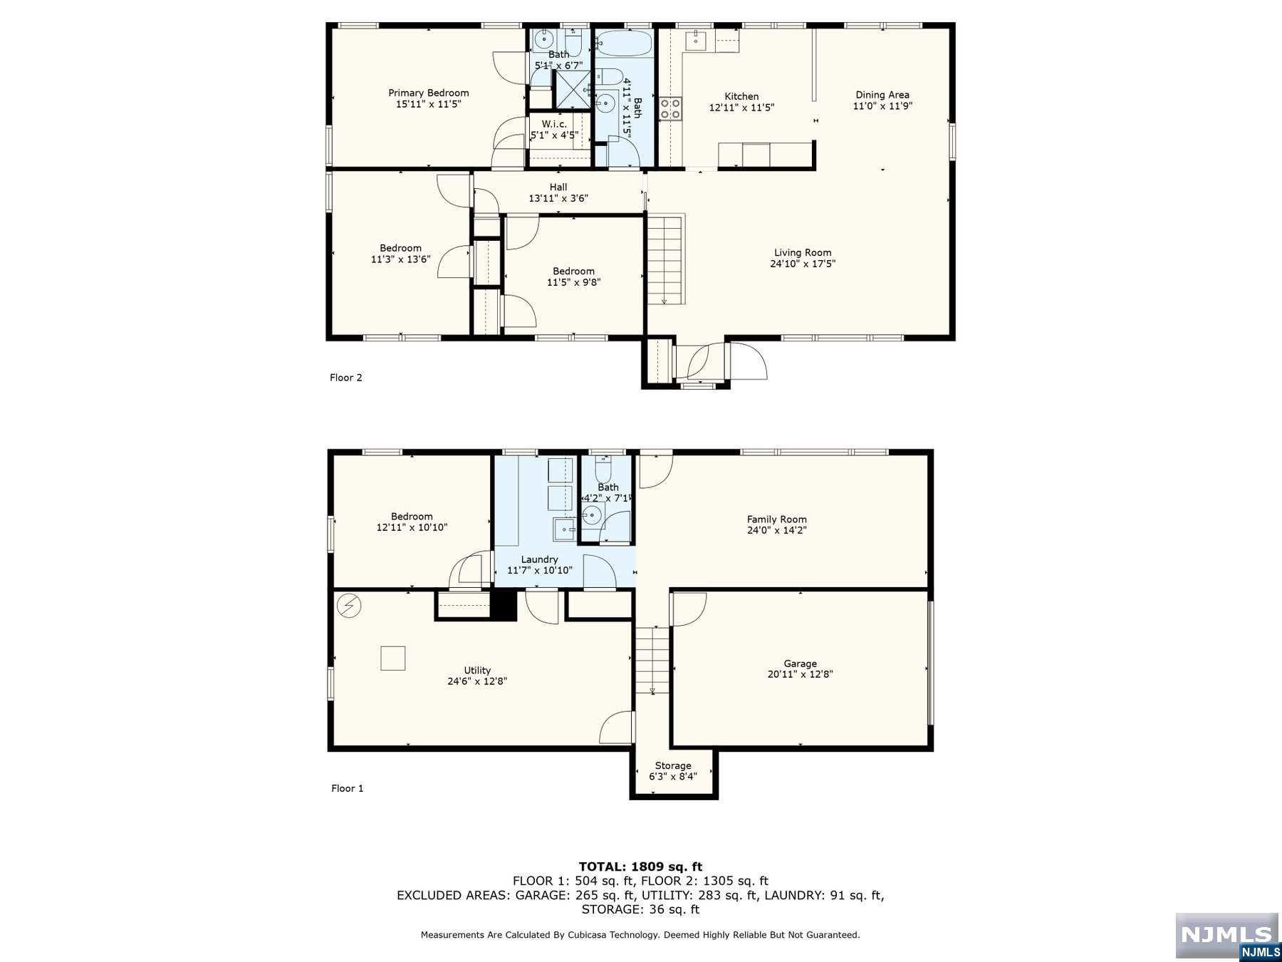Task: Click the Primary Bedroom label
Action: pyautogui.click(x=428, y=93)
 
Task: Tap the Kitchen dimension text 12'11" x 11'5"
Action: pyautogui.click(x=741, y=108)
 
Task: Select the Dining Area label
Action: pyautogui.click(x=882, y=95)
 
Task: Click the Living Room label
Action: pyautogui.click(x=803, y=252)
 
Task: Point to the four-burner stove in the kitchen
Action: pyautogui.click(x=669, y=108)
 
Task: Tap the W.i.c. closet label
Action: pyautogui.click(x=554, y=124)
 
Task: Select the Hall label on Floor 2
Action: pyautogui.click(x=558, y=187)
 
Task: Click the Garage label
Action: pyautogui.click(x=800, y=663)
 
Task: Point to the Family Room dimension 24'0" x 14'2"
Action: pyautogui.click(x=776, y=530)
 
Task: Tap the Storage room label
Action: pyautogui.click(x=673, y=765)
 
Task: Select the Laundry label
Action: pyautogui.click(x=539, y=559)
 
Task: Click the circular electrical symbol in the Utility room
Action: pyautogui.click(x=349, y=606)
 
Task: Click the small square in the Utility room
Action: pyautogui.click(x=392, y=658)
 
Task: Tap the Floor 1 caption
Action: pyautogui.click(x=347, y=788)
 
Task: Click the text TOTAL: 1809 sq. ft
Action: pyautogui.click(x=640, y=867)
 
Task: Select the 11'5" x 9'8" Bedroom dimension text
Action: pyautogui.click(x=573, y=282)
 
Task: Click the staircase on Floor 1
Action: pyautogui.click(x=652, y=660)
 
